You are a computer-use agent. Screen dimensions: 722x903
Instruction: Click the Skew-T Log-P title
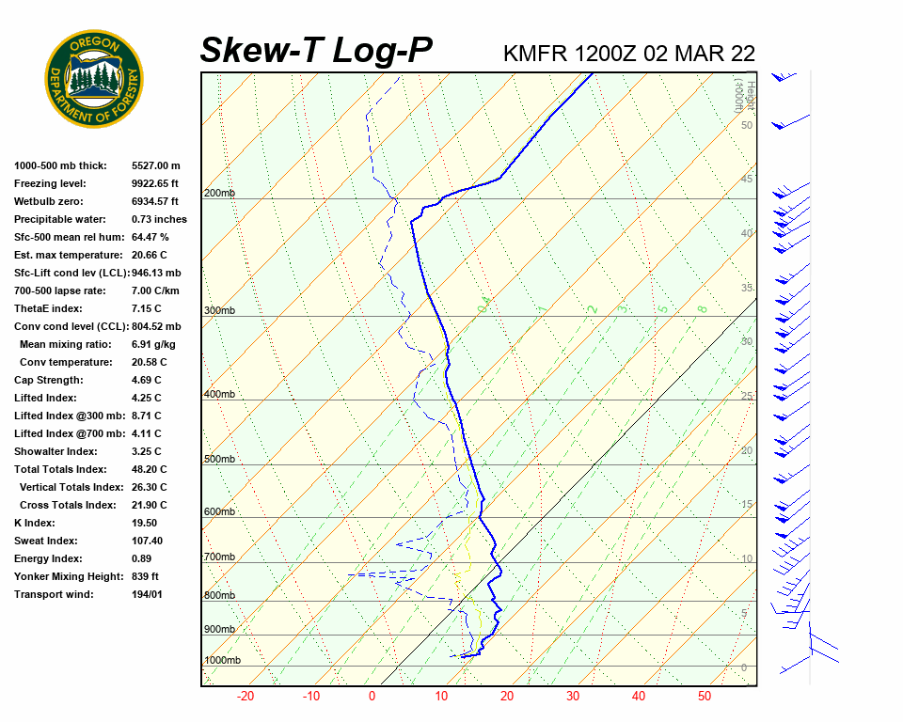click(316, 51)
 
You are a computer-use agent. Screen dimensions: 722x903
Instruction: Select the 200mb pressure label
click(219, 194)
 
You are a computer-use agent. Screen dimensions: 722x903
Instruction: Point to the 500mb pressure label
click(219, 460)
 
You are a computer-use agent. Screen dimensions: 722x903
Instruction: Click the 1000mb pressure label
click(222, 661)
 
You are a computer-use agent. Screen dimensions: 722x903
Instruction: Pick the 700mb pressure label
click(219, 557)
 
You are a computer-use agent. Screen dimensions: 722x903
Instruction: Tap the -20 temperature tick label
click(246, 697)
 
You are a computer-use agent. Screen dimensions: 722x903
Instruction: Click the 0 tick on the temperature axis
click(372, 697)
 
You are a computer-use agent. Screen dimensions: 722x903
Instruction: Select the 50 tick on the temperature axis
click(705, 697)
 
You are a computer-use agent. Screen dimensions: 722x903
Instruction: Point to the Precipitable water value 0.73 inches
click(159, 219)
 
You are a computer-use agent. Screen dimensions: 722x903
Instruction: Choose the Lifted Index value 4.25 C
click(146, 398)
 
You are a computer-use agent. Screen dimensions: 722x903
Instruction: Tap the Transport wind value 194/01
click(147, 594)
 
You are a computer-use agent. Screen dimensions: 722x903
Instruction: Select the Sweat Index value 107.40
click(147, 541)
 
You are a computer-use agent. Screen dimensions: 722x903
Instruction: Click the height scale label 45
click(747, 180)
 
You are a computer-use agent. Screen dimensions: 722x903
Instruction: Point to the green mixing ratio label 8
click(702, 308)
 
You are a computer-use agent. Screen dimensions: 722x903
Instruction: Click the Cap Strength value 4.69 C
click(146, 380)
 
